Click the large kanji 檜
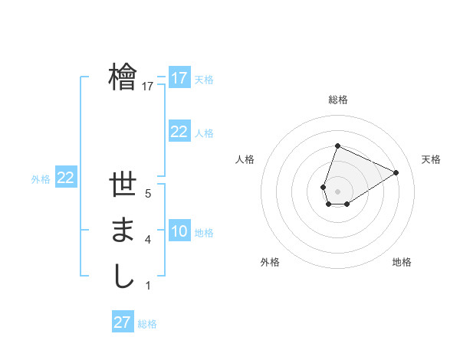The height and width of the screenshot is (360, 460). pyautogui.click(x=123, y=77)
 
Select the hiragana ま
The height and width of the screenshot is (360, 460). pyautogui.click(x=123, y=231)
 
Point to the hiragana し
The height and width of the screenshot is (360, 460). pyautogui.click(x=123, y=276)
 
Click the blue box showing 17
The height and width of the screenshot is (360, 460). pyautogui.click(x=179, y=78)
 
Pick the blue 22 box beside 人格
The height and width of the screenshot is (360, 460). pyautogui.click(x=179, y=132)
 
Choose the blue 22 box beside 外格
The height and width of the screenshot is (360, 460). pyautogui.click(x=65, y=178)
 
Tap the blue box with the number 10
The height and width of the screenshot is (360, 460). pyautogui.click(x=179, y=231)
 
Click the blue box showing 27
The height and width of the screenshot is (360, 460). pyautogui.click(x=122, y=322)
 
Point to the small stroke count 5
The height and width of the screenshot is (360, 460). pyautogui.click(x=147, y=194)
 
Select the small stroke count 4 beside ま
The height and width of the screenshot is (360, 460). pyautogui.click(x=147, y=240)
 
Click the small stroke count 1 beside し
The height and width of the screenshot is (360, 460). pyautogui.click(x=147, y=286)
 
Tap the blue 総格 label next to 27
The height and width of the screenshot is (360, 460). pyautogui.click(x=147, y=324)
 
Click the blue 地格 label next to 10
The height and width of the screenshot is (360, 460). pyautogui.click(x=204, y=233)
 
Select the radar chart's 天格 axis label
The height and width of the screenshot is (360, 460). pyautogui.click(x=431, y=159)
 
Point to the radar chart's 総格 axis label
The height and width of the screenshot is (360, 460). pyautogui.click(x=337, y=100)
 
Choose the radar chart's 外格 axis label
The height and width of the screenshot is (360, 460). pyautogui.click(x=270, y=262)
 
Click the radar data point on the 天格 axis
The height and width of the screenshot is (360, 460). pyautogui.click(x=396, y=172)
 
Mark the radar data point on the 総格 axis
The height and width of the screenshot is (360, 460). pyautogui.click(x=337, y=146)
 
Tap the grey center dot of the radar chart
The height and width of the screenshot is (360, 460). pyautogui.click(x=337, y=191)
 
